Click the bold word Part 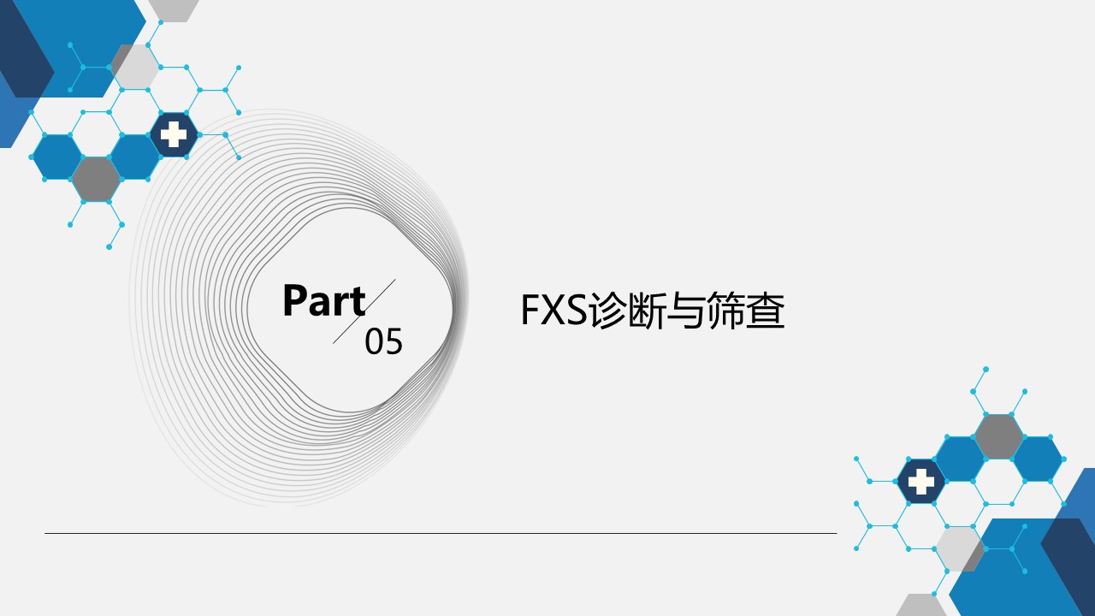click(x=324, y=300)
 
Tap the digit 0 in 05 click(x=374, y=341)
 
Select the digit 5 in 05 click(x=394, y=341)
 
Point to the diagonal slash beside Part click(x=364, y=311)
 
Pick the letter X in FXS click(x=550, y=310)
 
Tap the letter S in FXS click(x=575, y=310)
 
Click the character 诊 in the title click(x=607, y=310)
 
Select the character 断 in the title click(x=646, y=310)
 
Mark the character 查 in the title click(x=765, y=310)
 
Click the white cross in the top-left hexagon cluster click(x=174, y=134)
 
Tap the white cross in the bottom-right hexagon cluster click(x=921, y=482)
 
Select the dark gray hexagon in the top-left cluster click(x=97, y=179)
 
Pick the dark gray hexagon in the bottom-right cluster click(x=998, y=436)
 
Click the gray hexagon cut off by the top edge click(x=174, y=10)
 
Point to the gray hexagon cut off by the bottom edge click(x=921, y=605)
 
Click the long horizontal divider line click(x=441, y=533)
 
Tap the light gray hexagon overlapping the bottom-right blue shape click(x=959, y=548)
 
